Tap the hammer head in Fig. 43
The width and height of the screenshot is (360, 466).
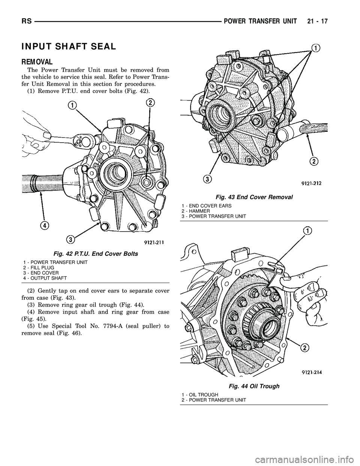click(x=289, y=133)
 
